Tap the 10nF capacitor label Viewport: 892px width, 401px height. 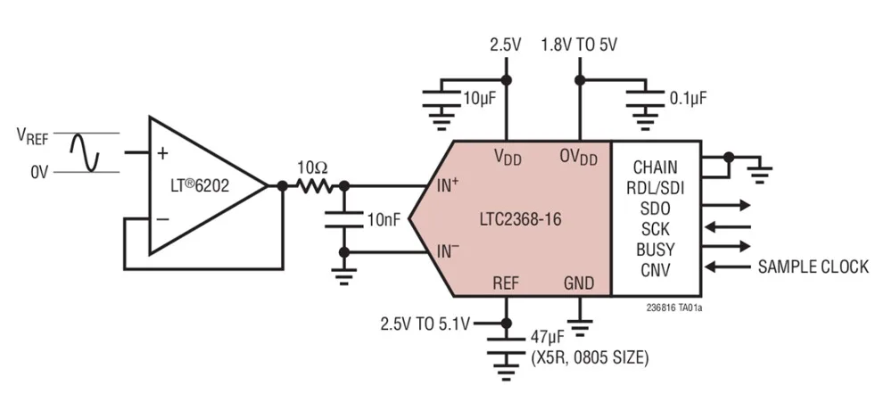tap(384, 217)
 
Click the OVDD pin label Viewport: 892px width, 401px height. tap(579, 157)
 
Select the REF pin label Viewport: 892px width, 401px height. tap(507, 282)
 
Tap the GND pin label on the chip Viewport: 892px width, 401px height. tap(579, 282)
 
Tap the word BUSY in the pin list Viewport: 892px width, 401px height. tap(655, 248)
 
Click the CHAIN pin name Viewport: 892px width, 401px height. tap(655, 167)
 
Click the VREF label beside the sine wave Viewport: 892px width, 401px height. tap(32, 135)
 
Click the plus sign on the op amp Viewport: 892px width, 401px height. tap(162, 152)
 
